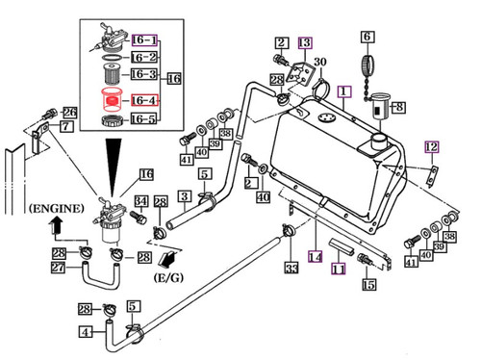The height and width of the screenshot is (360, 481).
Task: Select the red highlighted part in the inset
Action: (x=109, y=99)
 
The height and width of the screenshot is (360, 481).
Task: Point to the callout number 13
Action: (x=304, y=42)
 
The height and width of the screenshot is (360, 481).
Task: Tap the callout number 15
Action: (x=368, y=284)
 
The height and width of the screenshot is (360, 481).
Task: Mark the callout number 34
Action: (x=139, y=200)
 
